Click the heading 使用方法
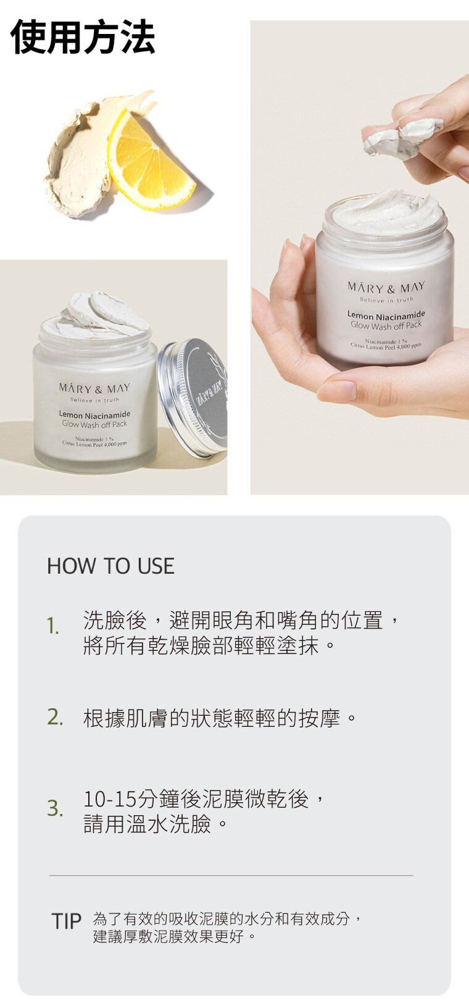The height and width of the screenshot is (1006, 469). pyautogui.click(x=83, y=37)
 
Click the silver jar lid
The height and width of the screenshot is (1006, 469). pyautogui.click(x=192, y=398)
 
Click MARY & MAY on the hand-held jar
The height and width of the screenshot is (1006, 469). pyautogui.click(x=386, y=287)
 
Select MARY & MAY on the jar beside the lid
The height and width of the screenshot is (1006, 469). pyautogui.click(x=94, y=388)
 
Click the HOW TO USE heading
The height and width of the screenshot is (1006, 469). pyautogui.click(x=110, y=566)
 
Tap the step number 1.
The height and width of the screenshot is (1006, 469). pyautogui.click(x=53, y=626)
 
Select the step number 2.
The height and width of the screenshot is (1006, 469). pyautogui.click(x=55, y=717)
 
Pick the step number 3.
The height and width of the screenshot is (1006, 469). pyautogui.click(x=55, y=808)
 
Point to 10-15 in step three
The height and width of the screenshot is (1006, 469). pyautogui.click(x=110, y=799)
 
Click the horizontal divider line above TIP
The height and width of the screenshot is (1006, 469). pyautogui.click(x=231, y=875)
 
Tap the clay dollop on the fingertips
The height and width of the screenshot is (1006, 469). pyautogui.click(x=402, y=137)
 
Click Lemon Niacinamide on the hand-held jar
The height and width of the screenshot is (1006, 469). pyautogui.click(x=386, y=314)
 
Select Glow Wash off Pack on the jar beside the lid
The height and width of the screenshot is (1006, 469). pyautogui.click(x=94, y=424)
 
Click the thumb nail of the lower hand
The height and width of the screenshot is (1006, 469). pyautogui.click(x=336, y=391)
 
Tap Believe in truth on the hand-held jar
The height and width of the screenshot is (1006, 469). pyautogui.click(x=386, y=300)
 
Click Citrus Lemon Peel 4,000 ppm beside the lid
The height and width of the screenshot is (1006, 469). pyautogui.click(x=94, y=444)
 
